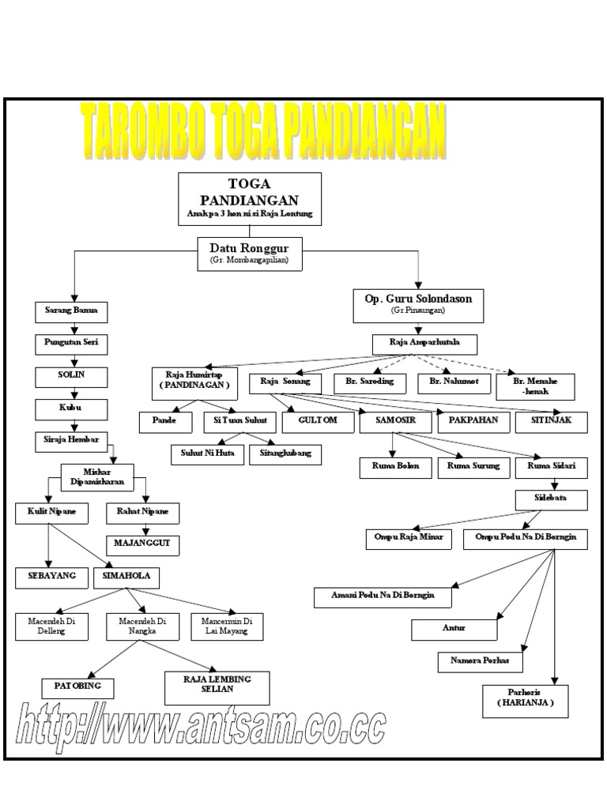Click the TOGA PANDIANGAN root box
tap(250, 198)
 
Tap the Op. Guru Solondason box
tap(418, 305)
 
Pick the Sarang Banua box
tap(70, 311)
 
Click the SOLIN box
tap(70, 376)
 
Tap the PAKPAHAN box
tap(474, 421)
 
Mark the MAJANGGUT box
tap(142, 544)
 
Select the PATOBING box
tap(77, 687)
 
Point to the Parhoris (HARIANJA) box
tap(526, 700)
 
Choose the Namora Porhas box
tap(481, 660)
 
